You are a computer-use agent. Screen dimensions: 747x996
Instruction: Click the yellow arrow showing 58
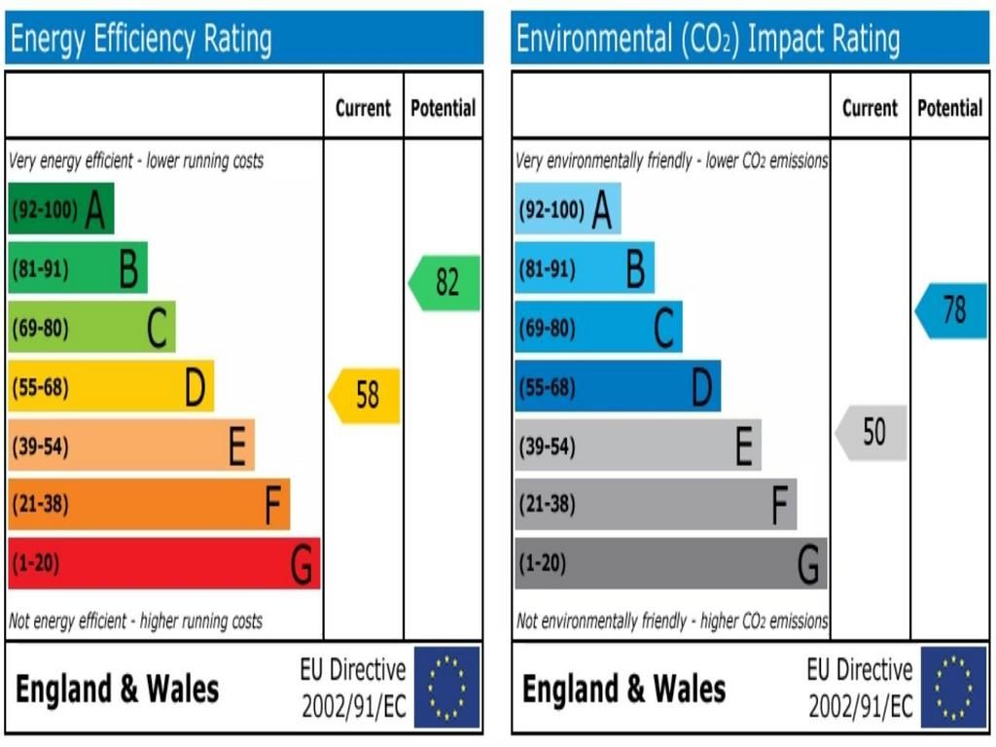coord(366,396)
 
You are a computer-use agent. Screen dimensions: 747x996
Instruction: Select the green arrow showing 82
coord(445,283)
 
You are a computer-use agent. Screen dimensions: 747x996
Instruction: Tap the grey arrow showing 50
coord(871,433)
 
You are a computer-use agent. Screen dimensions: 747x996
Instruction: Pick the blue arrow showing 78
coord(952,311)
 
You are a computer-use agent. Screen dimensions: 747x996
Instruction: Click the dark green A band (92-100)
coord(60,208)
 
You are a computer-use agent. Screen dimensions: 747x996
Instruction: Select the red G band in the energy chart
coord(163,563)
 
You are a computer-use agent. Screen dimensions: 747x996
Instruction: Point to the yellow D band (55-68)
coord(110,386)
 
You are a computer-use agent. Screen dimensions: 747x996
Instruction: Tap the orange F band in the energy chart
coord(148,504)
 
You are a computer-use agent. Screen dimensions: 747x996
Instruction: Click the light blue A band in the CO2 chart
coord(567,208)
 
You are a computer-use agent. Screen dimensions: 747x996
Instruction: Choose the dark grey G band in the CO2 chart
coord(670,563)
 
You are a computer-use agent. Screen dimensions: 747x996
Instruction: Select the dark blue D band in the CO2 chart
coord(617,386)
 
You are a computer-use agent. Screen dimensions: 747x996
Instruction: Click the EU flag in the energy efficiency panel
coord(447,688)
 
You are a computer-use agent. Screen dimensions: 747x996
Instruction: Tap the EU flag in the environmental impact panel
coord(953,688)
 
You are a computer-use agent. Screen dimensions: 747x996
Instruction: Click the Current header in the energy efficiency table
coord(363,108)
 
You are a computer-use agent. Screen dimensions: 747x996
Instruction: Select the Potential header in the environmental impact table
coord(949,108)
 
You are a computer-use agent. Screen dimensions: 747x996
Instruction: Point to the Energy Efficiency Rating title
coord(141,40)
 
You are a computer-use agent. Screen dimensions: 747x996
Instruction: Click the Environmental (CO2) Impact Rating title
coord(708,40)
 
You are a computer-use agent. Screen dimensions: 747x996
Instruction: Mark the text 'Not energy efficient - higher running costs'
coord(135,621)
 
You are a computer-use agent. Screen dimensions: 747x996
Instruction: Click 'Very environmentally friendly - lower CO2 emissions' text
coord(672,160)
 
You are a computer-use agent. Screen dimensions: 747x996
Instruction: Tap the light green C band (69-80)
coord(91,327)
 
